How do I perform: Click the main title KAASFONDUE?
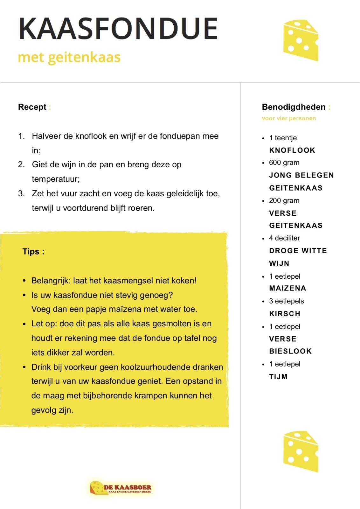point(118,29)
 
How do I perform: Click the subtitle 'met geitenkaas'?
point(69,58)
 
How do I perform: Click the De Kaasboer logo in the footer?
point(121,487)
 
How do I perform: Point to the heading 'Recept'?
point(32,107)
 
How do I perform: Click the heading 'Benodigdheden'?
point(294,107)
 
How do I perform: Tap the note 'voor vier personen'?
point(289,118)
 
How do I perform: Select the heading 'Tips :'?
point(33,252)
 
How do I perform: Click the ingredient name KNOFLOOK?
point(292,150)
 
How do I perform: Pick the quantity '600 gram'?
point(284,163)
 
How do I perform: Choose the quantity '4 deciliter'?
point(284,238)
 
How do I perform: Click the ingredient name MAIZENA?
point(287,288)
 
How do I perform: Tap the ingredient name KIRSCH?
point(285,314)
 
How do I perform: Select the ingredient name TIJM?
point(278,377)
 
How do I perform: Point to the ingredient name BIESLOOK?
point(290,351)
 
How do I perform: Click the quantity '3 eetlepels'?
point(286,301)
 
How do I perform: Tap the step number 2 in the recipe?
point(21,165)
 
